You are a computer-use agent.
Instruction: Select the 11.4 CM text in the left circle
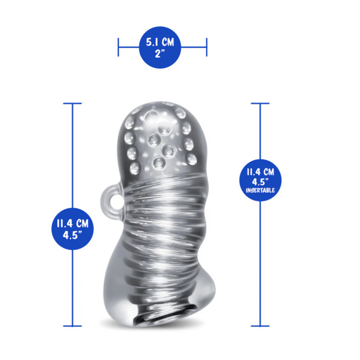pos(73,223)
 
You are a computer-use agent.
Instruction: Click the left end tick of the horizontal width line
pos(118,47)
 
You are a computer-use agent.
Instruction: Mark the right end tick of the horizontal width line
pos(207,47)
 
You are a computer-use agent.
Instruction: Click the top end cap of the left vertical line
pos(73,104)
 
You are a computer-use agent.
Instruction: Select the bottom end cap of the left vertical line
pos(73,325)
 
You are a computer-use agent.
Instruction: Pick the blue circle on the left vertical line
pos(73,229)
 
